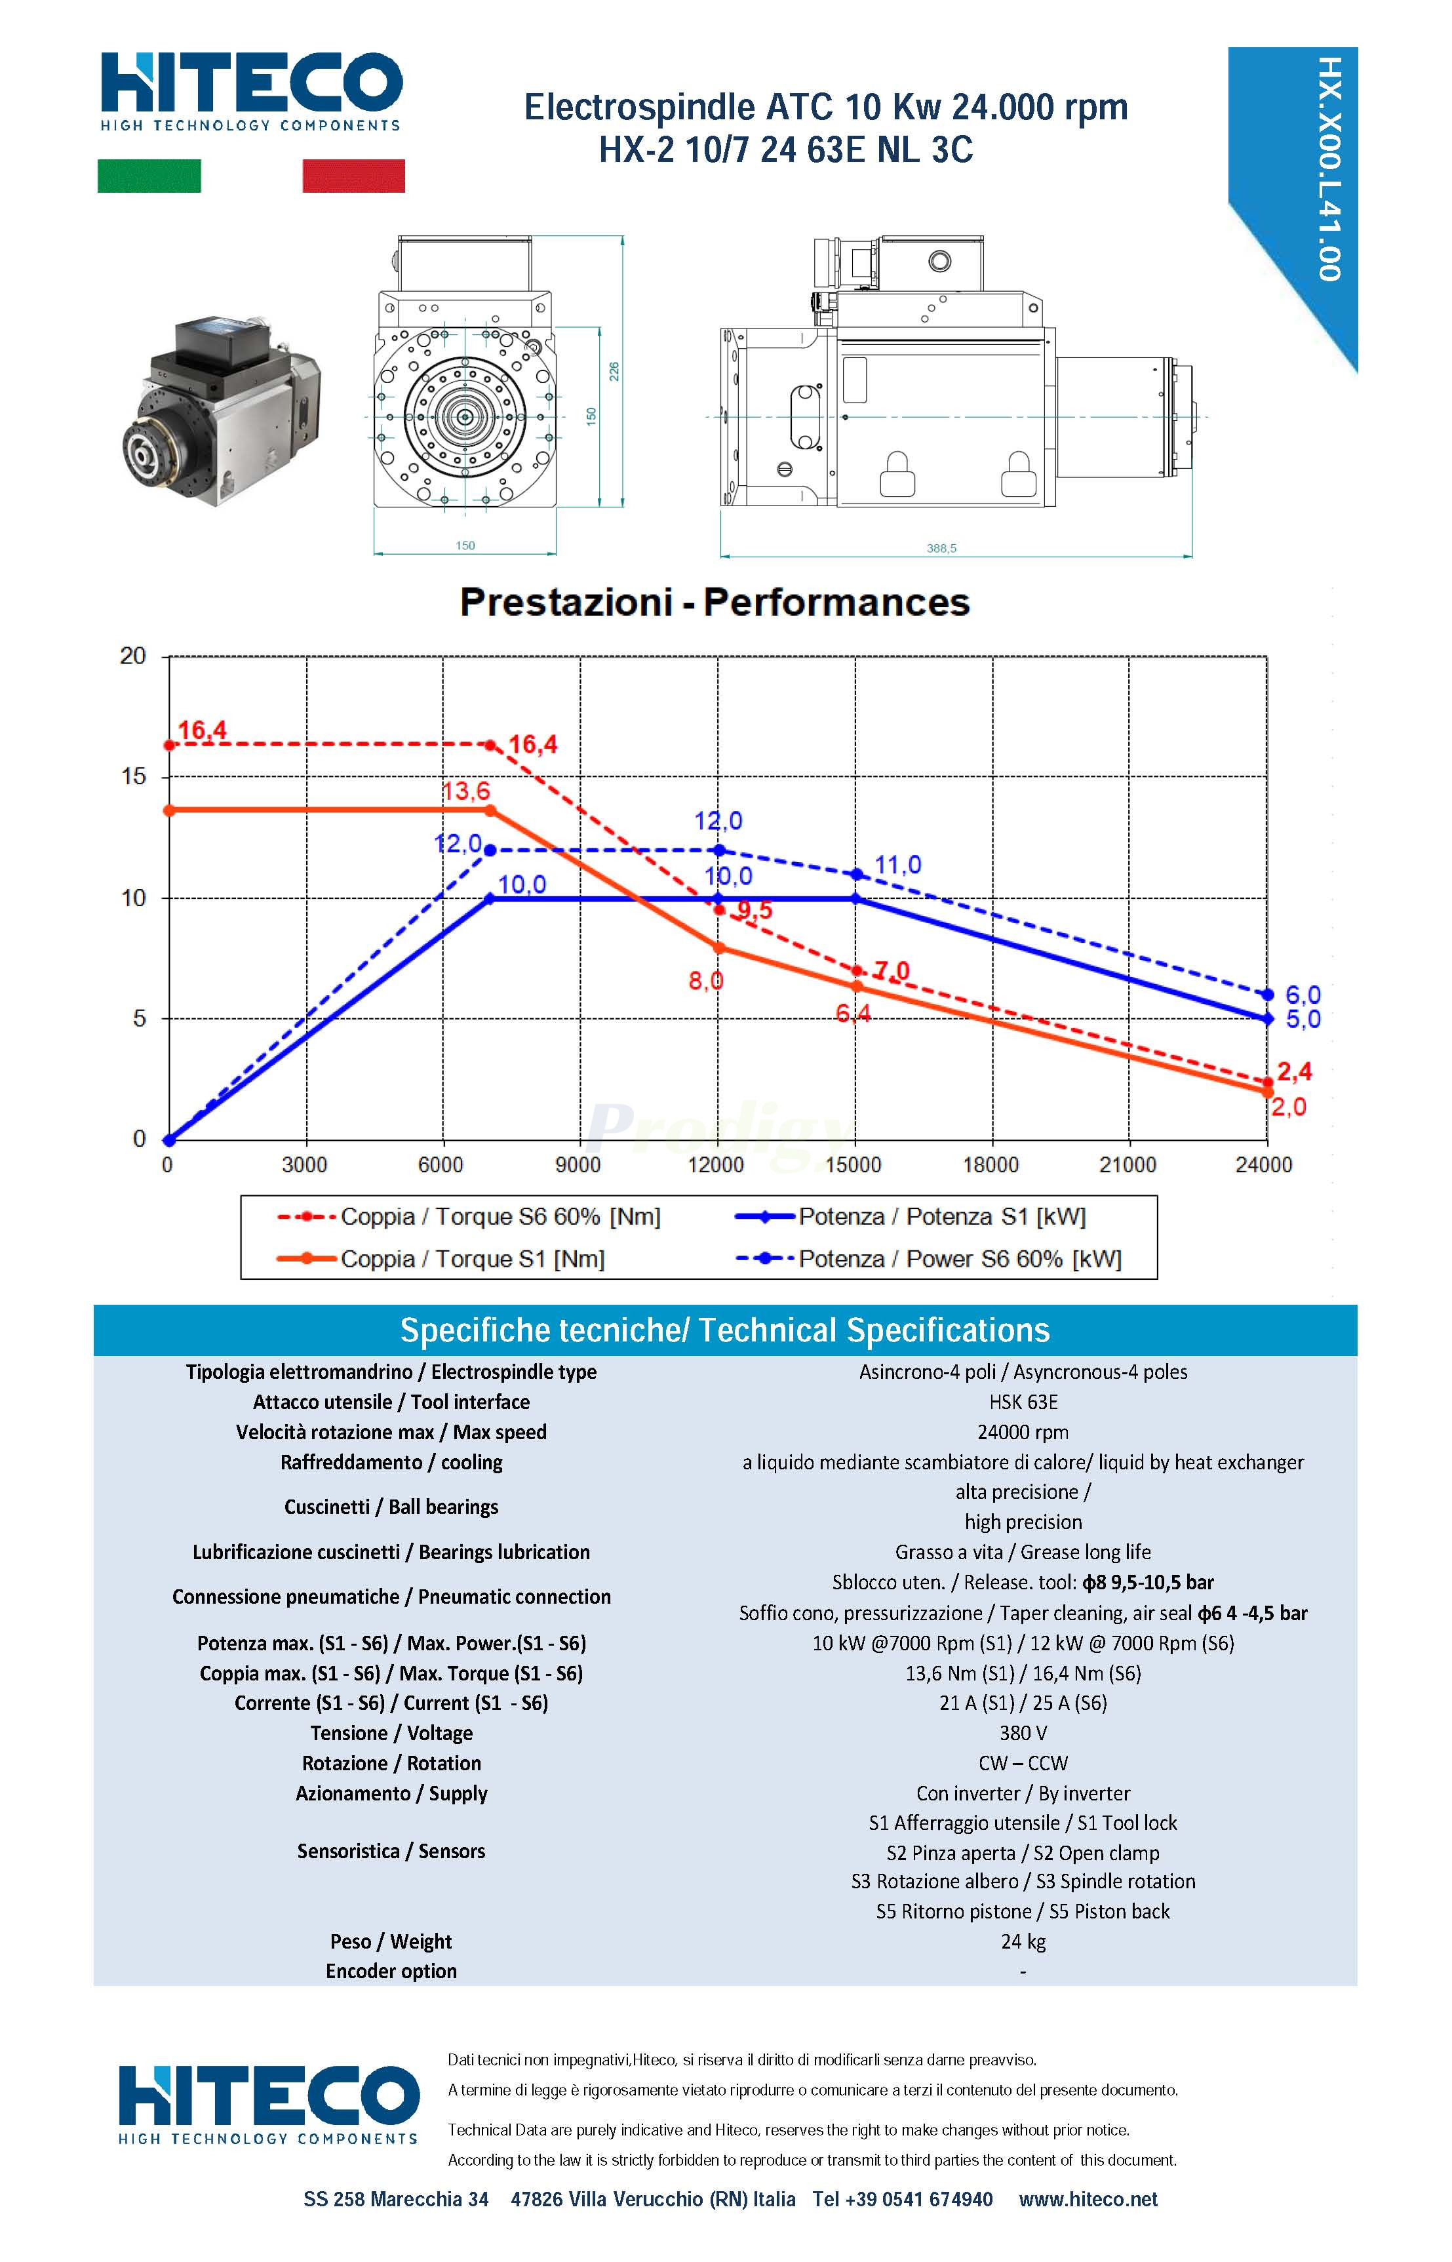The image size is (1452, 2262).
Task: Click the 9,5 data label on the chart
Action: (x=755, y=911)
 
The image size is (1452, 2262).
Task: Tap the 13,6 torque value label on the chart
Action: (x=466, y=791)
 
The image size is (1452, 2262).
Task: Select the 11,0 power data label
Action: (x=897, y=865)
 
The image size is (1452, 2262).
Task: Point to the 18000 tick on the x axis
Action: (x=990, y=1165)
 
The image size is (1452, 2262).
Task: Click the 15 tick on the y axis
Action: (x=134, y=777)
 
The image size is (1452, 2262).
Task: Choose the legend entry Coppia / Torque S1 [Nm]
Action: (x=471, y=1259)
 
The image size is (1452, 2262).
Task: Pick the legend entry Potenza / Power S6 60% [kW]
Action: (x=959, y=1259)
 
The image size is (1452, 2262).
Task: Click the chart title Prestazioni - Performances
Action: (x=715, y=603)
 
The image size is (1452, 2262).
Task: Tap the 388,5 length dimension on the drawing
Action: (x=941, y=549)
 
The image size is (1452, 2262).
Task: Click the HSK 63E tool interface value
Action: (x=1023, y=1402)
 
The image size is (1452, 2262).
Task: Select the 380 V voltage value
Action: (x=1023, y=1733)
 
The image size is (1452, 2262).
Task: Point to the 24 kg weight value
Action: (x=1023, y=1941)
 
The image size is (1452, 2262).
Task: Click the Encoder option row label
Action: (x=391, y=1972)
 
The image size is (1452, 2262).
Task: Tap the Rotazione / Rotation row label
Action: (x=391, y=1763)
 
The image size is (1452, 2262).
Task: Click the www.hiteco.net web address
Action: (x=1088, y=2200)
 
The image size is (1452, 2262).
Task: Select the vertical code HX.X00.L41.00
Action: (x=1329, y=170)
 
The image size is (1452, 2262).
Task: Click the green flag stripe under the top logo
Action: (x=149, y=176)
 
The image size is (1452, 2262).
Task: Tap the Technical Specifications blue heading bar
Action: (x=724, y=1330)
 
